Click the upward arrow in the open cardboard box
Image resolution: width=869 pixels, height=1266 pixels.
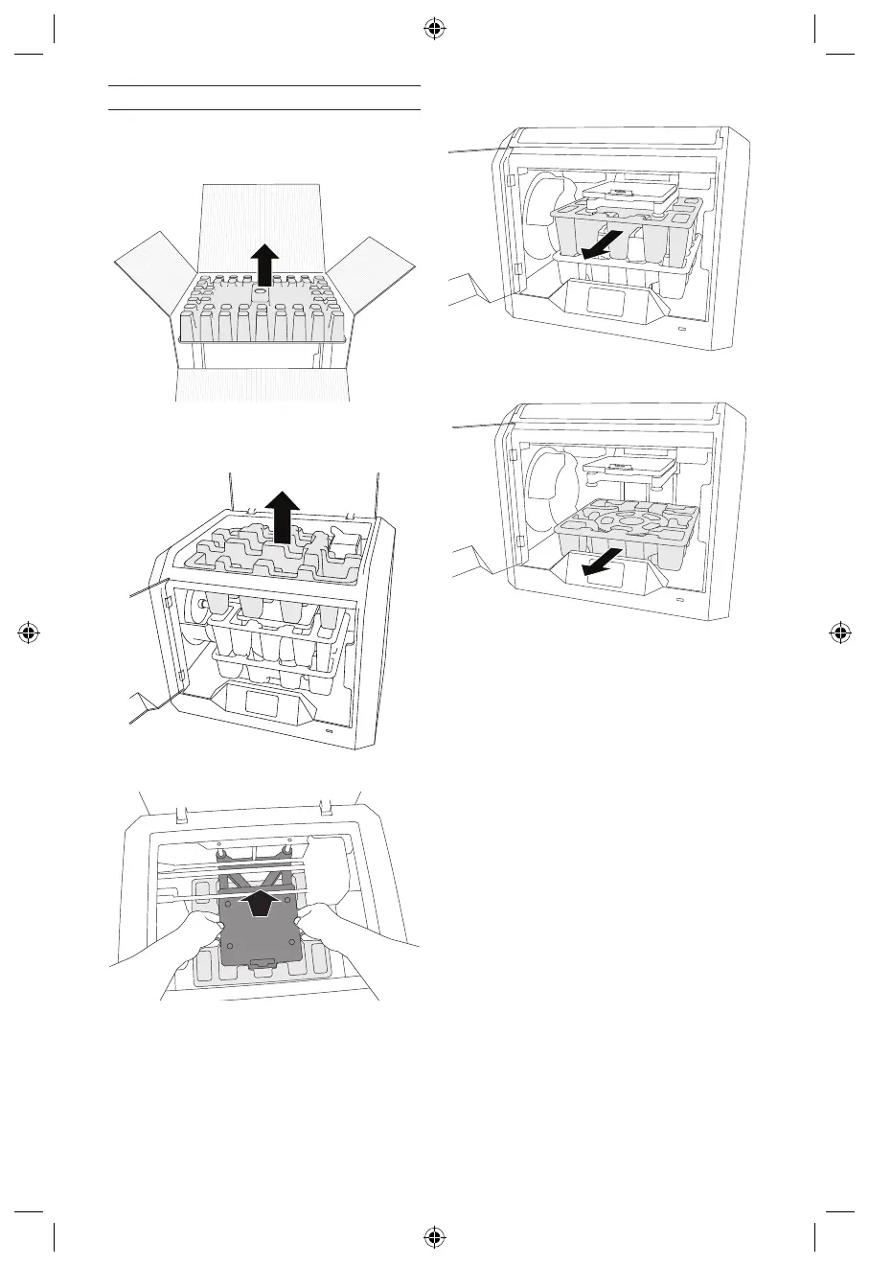point(264,265)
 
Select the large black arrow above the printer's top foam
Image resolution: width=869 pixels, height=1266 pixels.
point(280,515)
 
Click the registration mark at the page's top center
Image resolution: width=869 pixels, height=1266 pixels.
point(434,30)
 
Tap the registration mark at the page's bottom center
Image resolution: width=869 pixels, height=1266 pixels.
point(434,1237)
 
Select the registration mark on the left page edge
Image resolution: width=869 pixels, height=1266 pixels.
point(29,633)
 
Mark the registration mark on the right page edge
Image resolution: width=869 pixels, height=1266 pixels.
point(839,633)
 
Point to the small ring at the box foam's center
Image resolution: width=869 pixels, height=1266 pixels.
point(260,289)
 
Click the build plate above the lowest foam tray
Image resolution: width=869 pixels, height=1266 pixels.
point(621,467)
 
